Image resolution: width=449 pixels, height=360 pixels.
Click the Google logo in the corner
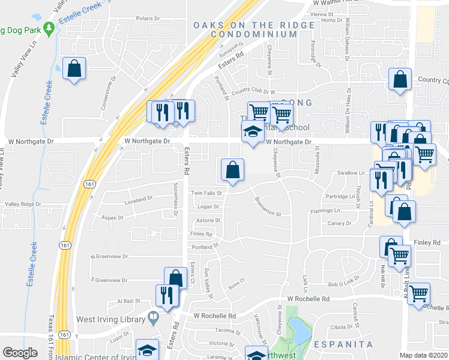(x=20, y=353)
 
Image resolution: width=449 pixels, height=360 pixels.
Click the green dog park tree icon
(x=49, y=28)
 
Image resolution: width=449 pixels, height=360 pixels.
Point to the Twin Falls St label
(x=206, y=193)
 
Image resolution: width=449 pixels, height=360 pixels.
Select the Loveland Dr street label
(x=139, y=199)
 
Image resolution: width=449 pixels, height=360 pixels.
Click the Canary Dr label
(x=339, y=223)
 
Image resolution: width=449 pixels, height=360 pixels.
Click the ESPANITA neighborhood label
(x=344, y=344)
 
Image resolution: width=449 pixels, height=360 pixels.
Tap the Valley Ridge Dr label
(x=23, y=204)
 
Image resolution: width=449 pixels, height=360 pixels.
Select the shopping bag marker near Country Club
(x=400, y=80)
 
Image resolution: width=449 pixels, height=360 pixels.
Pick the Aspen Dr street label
(x=112, y=218)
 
